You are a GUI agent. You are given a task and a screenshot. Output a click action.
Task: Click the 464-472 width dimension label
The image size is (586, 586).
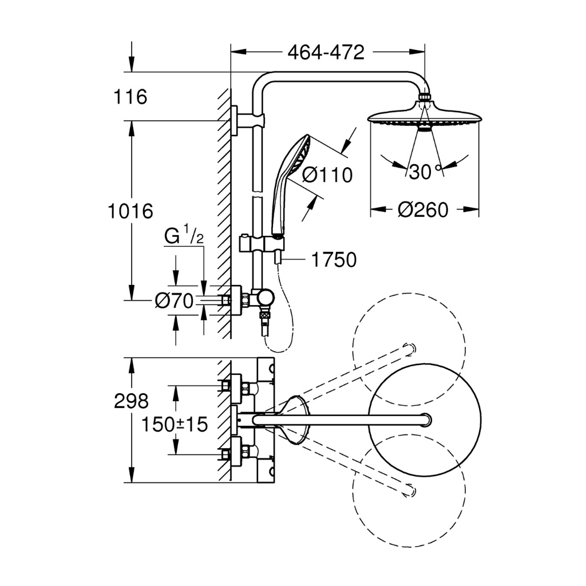(x=326, y=53)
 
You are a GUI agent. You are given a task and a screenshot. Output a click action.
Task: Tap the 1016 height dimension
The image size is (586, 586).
(x=131, y=211)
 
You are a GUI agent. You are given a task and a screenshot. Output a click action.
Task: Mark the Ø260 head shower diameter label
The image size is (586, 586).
(x=423, y=210)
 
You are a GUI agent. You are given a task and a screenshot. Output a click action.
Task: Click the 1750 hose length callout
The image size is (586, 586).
(x=334, y=260)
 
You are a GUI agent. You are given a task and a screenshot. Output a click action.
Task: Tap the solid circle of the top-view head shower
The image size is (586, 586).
(x=424, y=421)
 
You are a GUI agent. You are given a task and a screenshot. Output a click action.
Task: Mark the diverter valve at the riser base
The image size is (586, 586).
(x=265, y=298)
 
